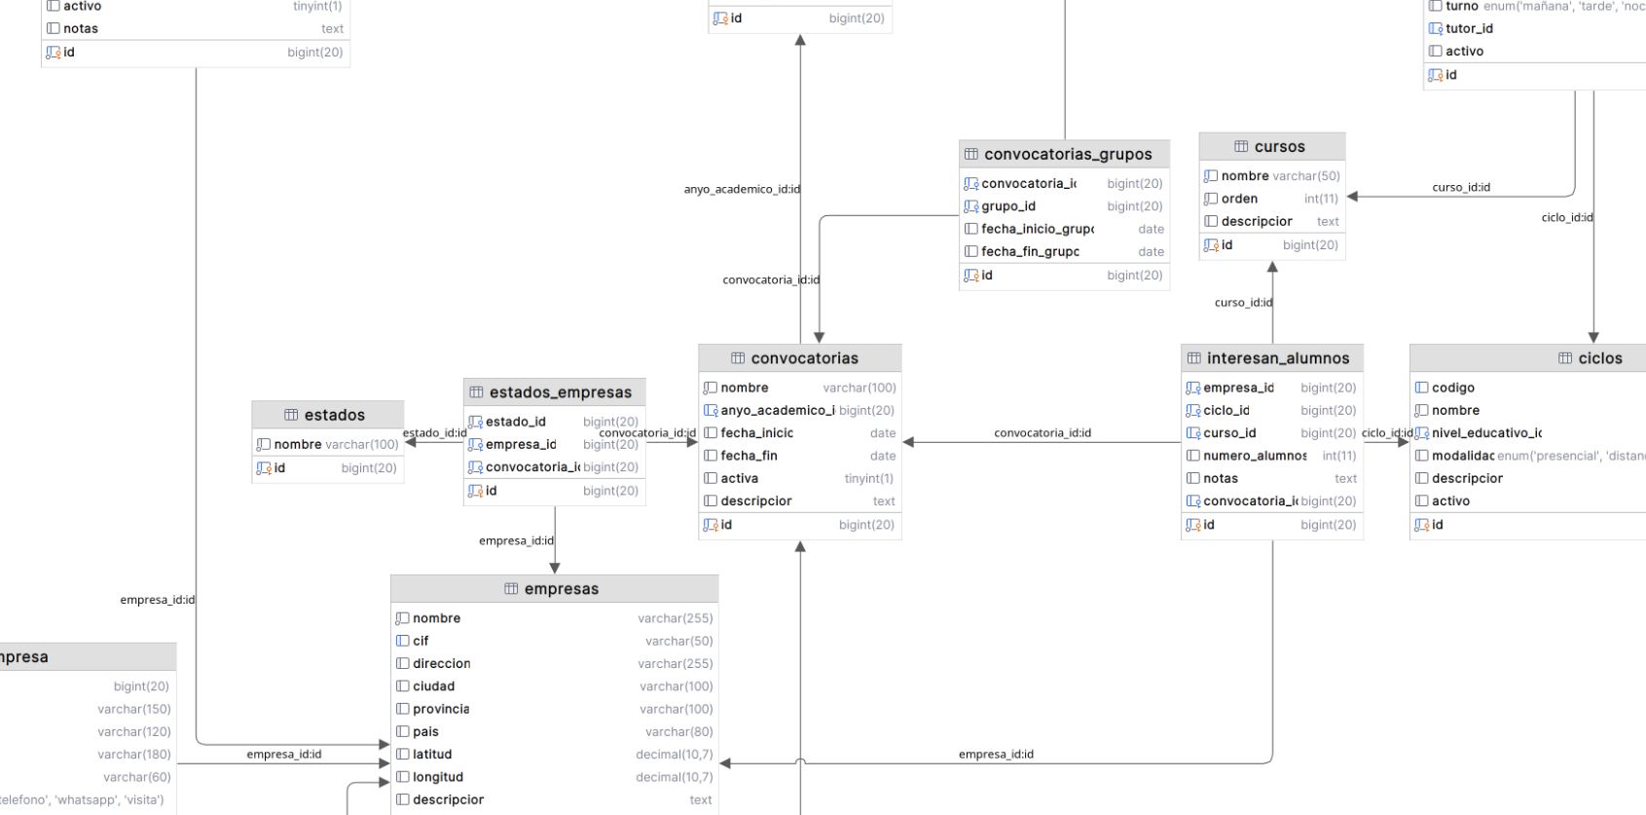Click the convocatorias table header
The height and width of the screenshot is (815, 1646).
tap(804, 358)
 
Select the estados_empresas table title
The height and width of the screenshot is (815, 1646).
tap(560, 392)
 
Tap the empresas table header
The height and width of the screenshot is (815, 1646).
tap(561, 589)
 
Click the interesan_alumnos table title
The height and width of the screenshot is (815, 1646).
tap(1277, 358)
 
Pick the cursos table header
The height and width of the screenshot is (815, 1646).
tap(1279, 147)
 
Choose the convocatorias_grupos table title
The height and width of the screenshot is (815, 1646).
tap(1067, 154)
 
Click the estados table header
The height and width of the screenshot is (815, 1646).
tap(334, 415)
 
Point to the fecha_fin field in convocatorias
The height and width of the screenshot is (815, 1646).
tap(749, 456)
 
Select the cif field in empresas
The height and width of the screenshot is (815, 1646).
tap(421, 641)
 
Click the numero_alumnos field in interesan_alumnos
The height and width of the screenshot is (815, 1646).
tap(1254, 456)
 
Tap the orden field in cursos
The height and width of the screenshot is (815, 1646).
tap(1239, 199)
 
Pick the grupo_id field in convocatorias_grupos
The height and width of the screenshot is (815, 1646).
tap(1008, 206)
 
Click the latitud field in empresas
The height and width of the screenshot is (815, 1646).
tap(432, 755)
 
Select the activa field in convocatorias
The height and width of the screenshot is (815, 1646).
tap(739, 478)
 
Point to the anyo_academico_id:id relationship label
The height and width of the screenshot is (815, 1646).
tap(742, 189)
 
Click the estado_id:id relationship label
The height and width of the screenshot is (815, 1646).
tap(434, 433)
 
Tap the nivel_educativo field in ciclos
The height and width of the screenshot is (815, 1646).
tap(1485, 433)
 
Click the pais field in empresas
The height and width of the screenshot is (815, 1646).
tap(425, 732)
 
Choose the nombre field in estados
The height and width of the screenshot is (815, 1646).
tap(297, 444)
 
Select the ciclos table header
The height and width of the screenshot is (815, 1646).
tap(1599, 358)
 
